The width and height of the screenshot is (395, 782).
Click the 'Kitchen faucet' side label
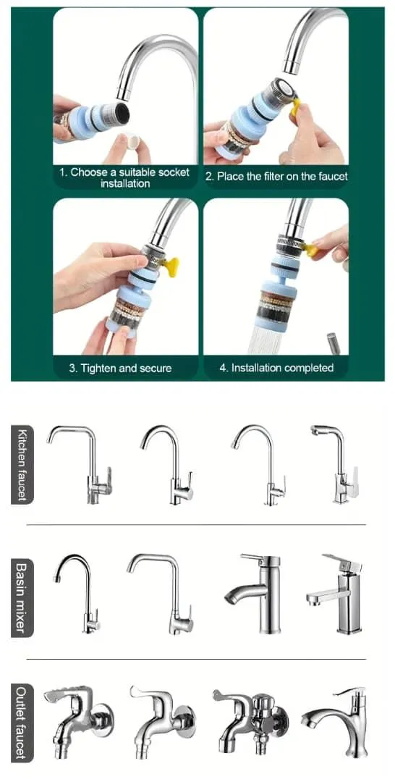(x=22, y=464)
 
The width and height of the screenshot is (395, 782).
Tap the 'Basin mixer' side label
(x=22, y=599)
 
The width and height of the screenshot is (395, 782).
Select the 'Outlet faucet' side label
(x=22, y=723)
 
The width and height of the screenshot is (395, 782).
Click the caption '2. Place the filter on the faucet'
(x=276, y=176)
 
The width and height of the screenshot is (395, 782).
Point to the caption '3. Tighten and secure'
(x=120, y=369)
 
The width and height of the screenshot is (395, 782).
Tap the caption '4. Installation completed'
(x=276, y=368)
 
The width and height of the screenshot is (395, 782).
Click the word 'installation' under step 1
(x=125, y=183)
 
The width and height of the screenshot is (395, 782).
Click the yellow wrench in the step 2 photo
(x=296, y=106)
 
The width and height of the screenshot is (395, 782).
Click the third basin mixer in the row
(x=252, y=594)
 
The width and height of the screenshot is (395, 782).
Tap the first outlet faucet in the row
(x=80, y=723)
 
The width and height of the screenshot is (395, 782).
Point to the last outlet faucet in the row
(x=335, y=723)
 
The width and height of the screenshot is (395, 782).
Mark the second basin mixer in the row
(x=160, y=594)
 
